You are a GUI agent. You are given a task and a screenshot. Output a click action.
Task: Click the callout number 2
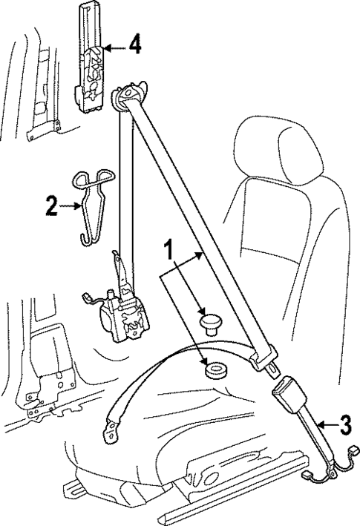coord(50,206)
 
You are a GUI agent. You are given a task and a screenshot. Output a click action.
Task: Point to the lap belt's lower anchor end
coord(112,427)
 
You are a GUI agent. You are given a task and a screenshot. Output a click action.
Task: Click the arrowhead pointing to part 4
coord(106,48)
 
